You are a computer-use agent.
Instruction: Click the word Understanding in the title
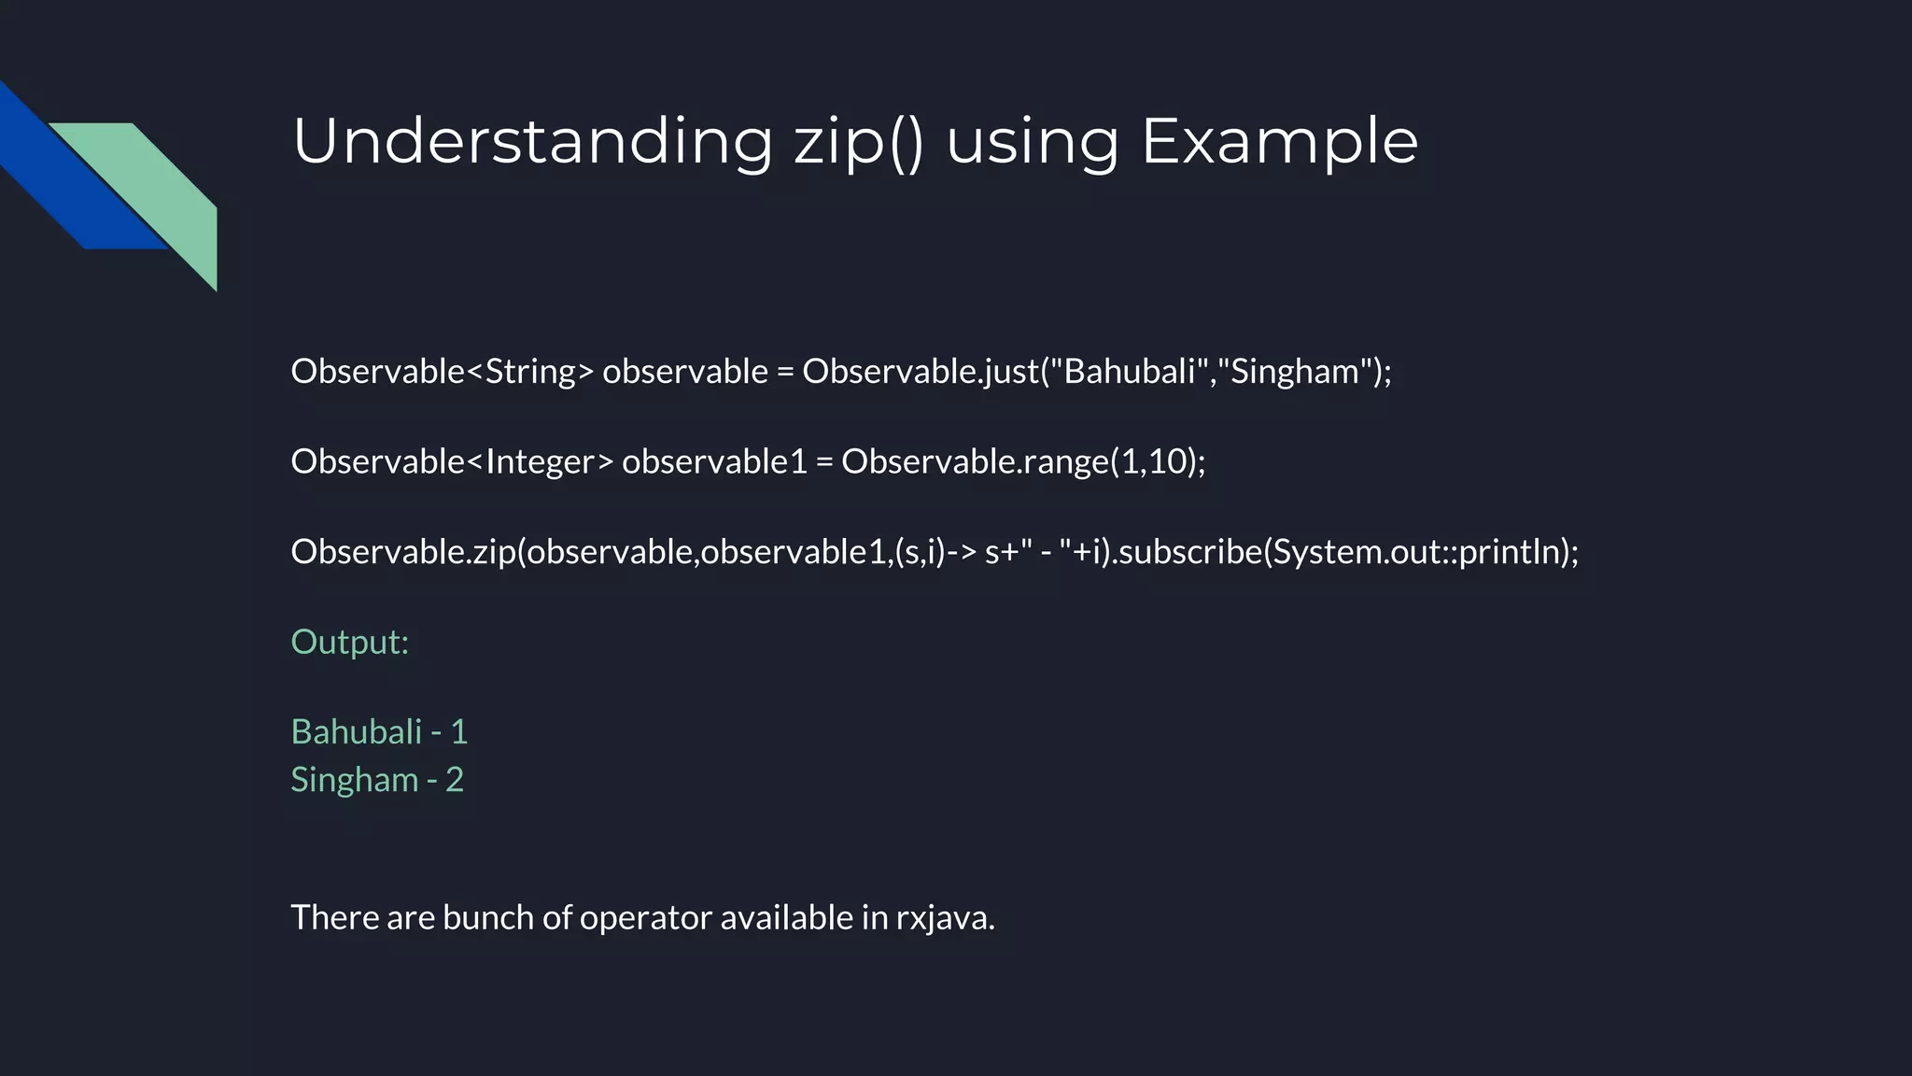click(532, 142)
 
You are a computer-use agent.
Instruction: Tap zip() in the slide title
click(858, 142)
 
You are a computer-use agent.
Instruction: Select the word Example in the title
click(1279, 142)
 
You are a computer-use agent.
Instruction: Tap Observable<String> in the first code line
click(442, 372)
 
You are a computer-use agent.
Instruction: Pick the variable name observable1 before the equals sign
click(713, 461)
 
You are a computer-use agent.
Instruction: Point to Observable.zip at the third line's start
click(402, 552)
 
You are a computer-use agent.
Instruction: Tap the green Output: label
click(350, 642)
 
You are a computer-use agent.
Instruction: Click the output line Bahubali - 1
click(379, 731)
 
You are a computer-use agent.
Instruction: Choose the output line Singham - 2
click(377, 780)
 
